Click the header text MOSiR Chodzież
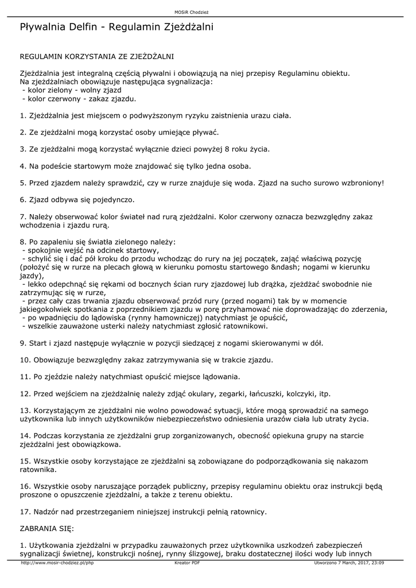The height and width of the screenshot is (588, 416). pos(208,11)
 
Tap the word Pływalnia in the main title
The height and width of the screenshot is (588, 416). pos(43,27)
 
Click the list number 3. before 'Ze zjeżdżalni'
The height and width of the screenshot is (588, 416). pos(23,149)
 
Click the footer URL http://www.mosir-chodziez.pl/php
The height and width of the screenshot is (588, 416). pos(57,563)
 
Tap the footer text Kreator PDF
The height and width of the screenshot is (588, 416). pos(187,563)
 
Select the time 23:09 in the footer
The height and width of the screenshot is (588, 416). pos(376,563)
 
